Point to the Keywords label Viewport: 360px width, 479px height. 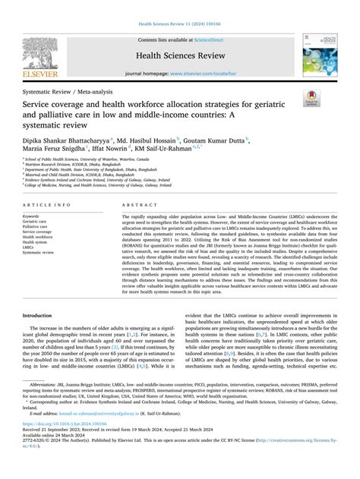pos(35,216)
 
